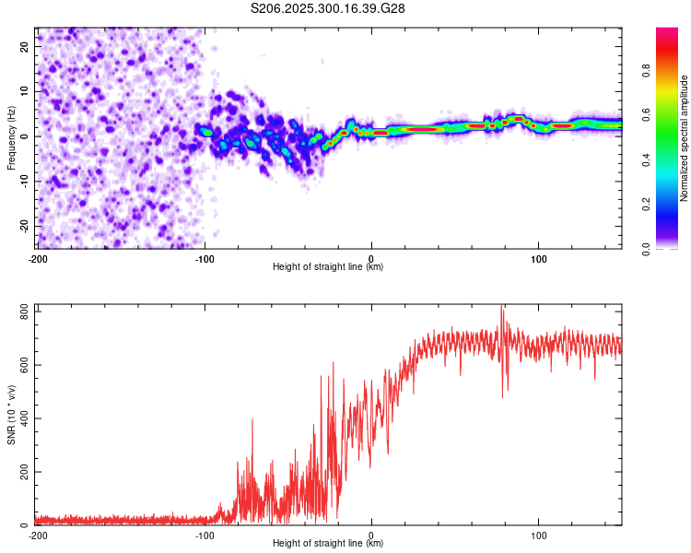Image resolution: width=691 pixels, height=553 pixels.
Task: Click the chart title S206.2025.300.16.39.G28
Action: click(x=329, y=8)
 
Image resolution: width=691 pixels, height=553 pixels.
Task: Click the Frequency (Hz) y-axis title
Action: click(x=11, y=137)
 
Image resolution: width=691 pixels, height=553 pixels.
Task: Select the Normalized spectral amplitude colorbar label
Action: click(x=685, y=138)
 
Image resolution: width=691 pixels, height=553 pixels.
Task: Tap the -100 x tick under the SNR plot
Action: click(x=205, y=535)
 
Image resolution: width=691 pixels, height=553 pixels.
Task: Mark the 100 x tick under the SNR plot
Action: click(x=538, y=535)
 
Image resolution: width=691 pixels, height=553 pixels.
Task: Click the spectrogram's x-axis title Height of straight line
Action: click(x=329, y=267)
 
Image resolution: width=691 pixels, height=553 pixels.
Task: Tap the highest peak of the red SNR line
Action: click(x=502, y=306)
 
